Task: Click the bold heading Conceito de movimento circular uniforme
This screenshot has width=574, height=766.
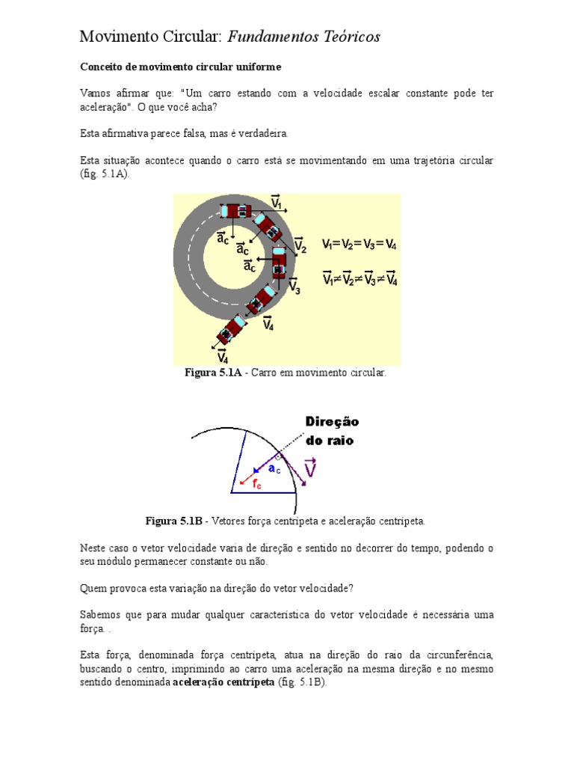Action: (180, 67)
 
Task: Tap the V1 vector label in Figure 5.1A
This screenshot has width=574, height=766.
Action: (276, 202)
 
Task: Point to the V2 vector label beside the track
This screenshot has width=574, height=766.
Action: (299, 245)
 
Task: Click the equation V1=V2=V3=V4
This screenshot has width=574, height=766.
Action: (359, 244)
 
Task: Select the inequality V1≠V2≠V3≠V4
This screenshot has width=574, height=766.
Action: (359, 280)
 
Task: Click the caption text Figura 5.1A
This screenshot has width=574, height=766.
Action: (212, 373)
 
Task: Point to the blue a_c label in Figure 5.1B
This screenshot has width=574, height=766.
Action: (275, 469)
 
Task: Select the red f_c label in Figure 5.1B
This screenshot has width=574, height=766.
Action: (256, 484)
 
